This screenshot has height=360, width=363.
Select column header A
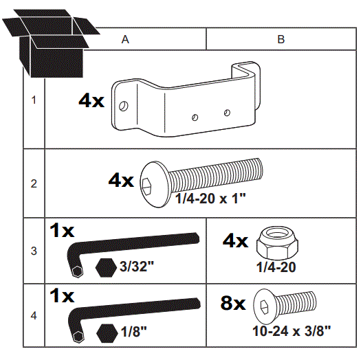[126, 40]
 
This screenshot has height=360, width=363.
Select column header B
[281, 40]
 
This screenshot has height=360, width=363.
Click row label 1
[34, 100]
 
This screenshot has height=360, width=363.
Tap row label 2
[34, 183]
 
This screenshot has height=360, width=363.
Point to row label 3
[34, 251]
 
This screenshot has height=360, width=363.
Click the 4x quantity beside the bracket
[91, 101]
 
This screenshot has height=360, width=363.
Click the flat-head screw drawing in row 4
[286, 304]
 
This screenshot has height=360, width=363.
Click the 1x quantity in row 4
[62, 295]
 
